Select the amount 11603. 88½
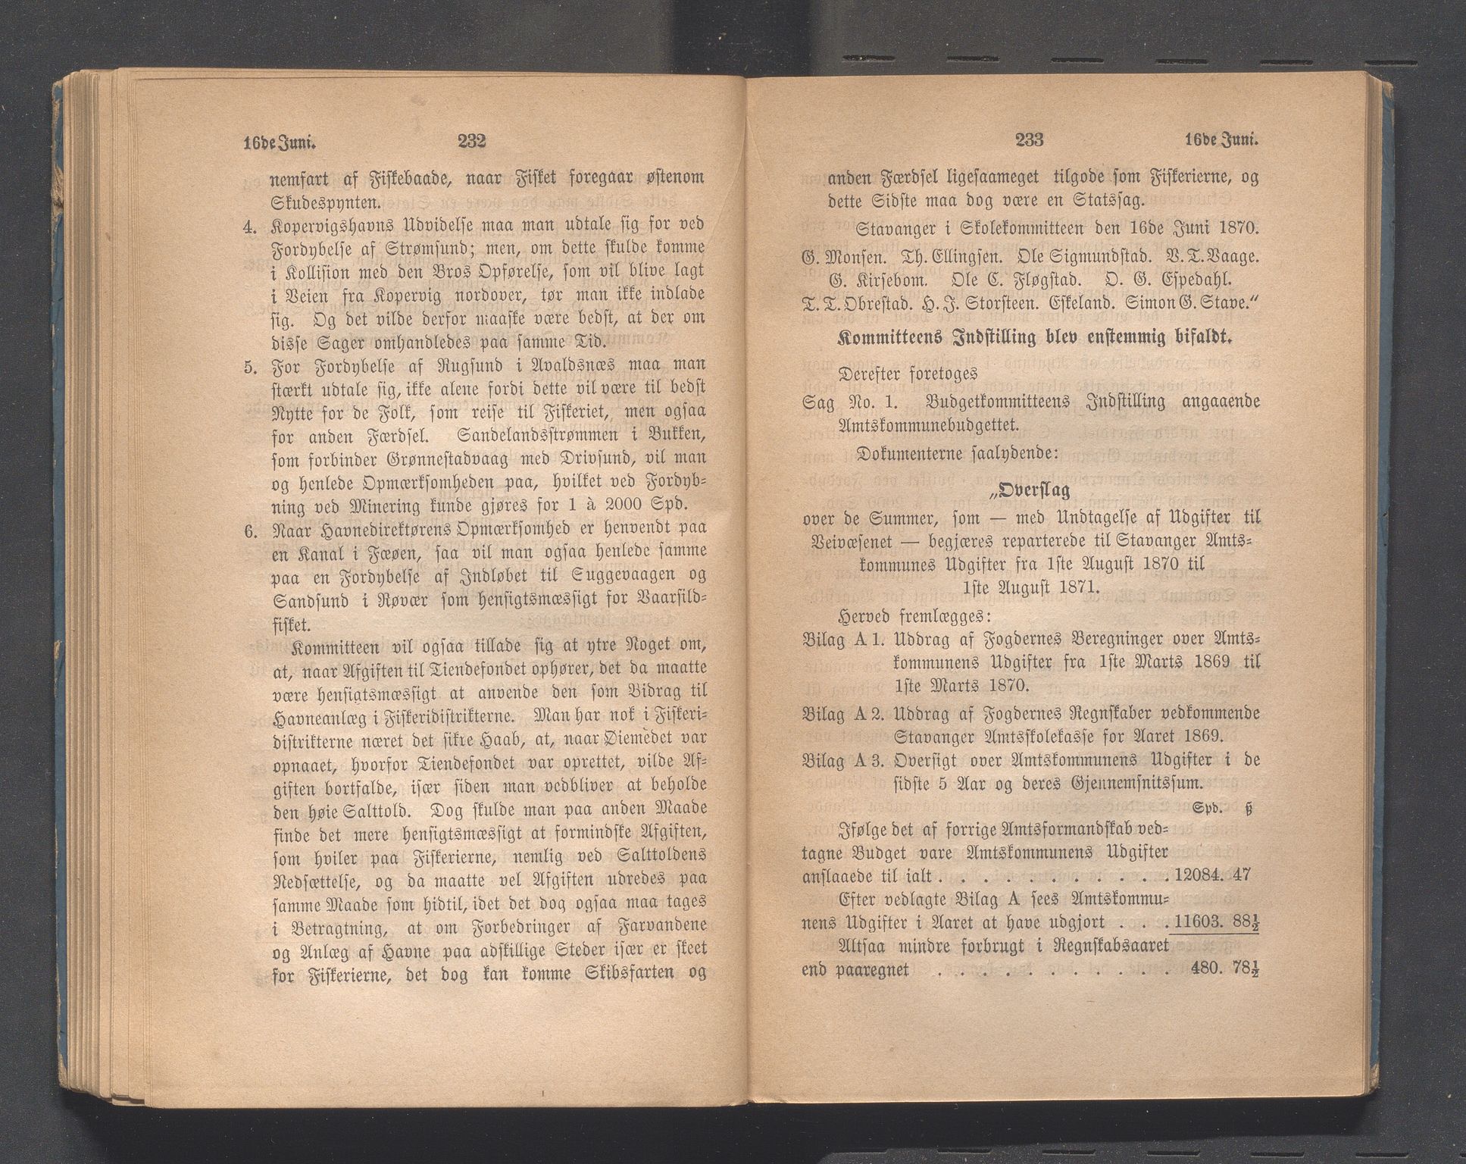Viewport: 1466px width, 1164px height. click(1215, 922)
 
